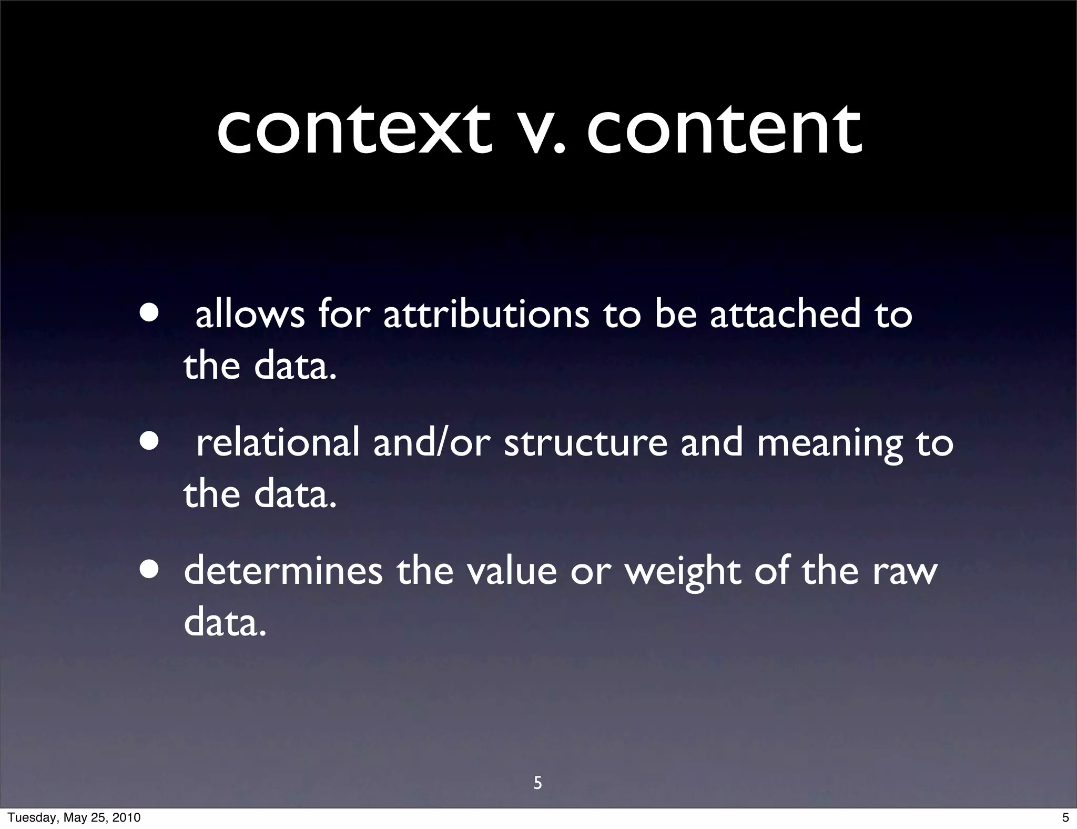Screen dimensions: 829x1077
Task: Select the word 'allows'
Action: (x=250, y=315)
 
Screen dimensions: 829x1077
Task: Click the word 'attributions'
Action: (x=486, y=315)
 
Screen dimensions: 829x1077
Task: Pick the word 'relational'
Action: (x=278, y=442)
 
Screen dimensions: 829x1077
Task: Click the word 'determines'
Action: (x=283, y=571)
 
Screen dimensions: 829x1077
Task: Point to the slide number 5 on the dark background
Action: (x=537, y=783)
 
